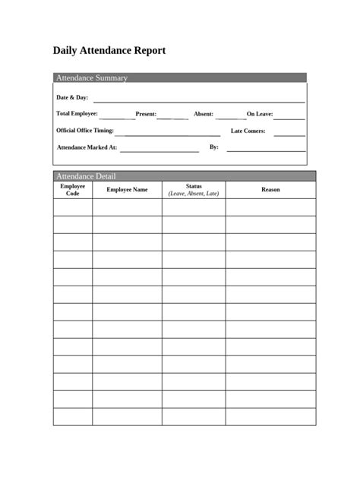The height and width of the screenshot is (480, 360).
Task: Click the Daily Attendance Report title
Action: (109, 51)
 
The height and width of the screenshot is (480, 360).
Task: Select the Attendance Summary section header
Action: (92, 78)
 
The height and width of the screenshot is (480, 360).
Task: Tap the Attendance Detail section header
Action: (86, 176)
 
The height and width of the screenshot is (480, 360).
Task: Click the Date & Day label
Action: (72, 98)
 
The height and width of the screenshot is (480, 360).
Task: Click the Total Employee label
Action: (77, 113)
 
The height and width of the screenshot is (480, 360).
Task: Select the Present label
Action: (146, 114)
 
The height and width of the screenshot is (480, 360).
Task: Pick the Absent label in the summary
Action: (203, 114)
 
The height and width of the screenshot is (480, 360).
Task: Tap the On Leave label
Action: (260, 114)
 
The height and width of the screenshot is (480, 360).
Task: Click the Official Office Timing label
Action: (85, 131)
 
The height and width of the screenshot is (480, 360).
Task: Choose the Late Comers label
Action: (248, 131)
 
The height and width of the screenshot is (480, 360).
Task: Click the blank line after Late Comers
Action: (289, 134)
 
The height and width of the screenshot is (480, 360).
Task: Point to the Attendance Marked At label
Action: (87, 147)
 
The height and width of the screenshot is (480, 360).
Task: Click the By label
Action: (213, 147)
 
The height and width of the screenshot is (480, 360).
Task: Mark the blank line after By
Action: (266, 150)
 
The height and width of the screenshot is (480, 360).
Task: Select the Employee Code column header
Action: (73, 190)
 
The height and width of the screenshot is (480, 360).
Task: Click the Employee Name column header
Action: (127, 190)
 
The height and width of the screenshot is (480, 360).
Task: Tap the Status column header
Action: (193, 186)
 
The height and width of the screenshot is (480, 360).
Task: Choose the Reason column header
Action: (270, 190)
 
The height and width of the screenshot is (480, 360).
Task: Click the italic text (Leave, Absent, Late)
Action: (193, 194)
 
